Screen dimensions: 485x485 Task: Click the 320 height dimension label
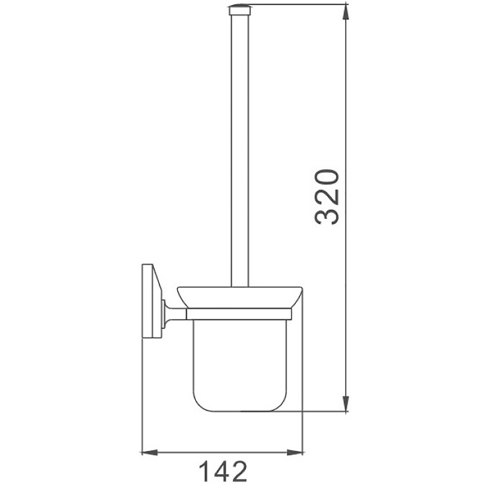327,196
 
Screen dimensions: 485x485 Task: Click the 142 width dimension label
222,471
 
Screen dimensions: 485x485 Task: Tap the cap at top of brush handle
239,10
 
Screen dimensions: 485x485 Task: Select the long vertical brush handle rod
239,150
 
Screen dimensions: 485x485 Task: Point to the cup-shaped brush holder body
239,366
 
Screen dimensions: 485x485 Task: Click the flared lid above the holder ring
239,297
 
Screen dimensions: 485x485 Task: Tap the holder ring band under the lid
239,314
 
